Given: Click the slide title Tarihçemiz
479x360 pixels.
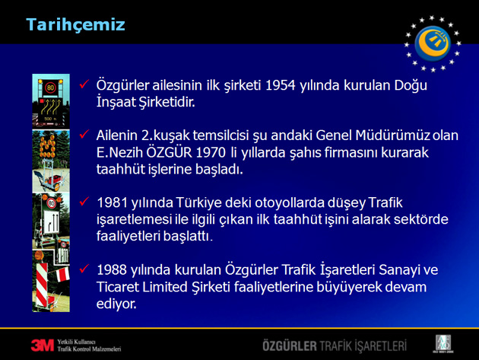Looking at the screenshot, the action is [x=75, y=24].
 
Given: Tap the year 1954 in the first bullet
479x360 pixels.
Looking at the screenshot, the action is [x=281, y=85].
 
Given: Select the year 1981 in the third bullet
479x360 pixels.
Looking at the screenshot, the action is [x=112, y=202].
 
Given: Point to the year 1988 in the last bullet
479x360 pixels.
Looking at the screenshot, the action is [x=112, y=270].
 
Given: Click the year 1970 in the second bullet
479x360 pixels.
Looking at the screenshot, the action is [x=211, y=153].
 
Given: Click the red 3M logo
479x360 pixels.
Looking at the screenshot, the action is [x=42, y=346].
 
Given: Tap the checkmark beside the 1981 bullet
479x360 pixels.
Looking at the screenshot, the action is [x=84, y=201].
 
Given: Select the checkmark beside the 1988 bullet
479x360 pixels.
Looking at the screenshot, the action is [x=84, y=269].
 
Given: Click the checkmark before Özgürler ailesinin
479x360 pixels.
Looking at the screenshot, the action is [x=84, y=84].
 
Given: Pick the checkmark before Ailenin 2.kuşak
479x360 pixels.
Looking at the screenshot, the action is [x=84, y=134].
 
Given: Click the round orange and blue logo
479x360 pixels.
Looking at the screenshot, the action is [x=433, y=43].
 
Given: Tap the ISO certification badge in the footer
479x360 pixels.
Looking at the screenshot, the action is [x=443, y=344].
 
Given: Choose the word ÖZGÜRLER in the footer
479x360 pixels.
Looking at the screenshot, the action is [x=290, y=346].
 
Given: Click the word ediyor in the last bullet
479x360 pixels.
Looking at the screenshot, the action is [x=116, y=304].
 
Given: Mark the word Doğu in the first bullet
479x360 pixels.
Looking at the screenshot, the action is [x=411, y=86].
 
